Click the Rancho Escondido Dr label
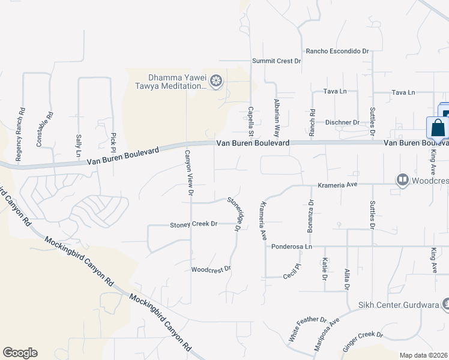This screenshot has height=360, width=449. click(x=337, y=52)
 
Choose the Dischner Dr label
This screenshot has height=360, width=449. click(x=342, y=122)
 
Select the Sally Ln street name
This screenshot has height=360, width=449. click(x=78, y=146)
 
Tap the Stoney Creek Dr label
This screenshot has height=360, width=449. click(x=193, y=224)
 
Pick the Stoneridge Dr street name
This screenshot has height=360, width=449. click(x=234, y=214)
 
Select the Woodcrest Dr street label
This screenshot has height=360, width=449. click(x=211, y=269)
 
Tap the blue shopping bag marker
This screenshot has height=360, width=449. click(x=438, y=128)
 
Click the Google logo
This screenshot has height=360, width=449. click(x=20, y=353)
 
